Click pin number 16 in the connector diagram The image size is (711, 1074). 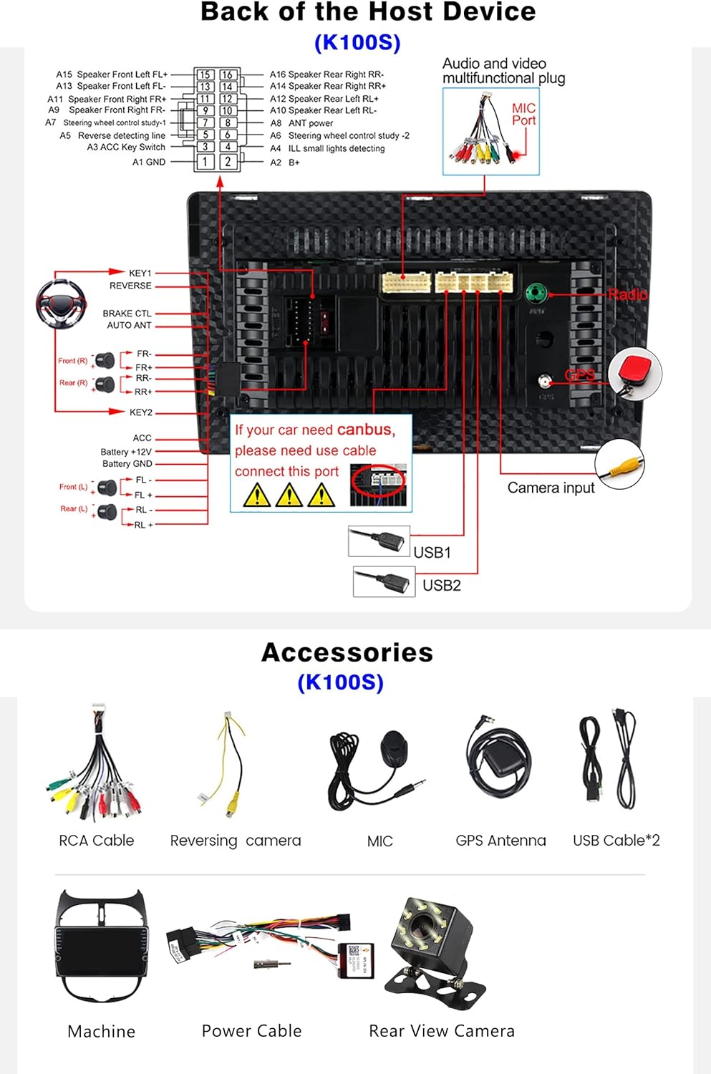point(227,74)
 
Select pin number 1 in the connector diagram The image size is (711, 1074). point(205,162)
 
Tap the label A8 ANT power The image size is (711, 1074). point(302,123)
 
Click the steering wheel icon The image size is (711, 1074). point(62,304)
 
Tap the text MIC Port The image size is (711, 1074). point(523,114)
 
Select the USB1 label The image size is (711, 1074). point(432,552)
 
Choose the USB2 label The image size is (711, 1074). point(441,585)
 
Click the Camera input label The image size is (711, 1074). point(551,488)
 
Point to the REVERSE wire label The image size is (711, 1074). point(130,286)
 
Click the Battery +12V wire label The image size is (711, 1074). point(126,452)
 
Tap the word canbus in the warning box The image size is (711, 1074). point(365,430)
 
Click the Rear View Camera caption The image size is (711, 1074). point(441,1030)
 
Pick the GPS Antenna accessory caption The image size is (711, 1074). point(500,840)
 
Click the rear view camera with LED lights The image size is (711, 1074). point(433,945)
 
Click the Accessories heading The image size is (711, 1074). point(347,652)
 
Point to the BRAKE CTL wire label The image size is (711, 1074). point(127,314)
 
